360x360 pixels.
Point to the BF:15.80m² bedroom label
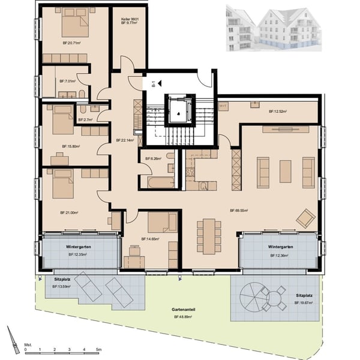71,146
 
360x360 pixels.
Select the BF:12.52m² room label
278,111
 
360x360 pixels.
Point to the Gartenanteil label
184,311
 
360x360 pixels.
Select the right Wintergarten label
281,247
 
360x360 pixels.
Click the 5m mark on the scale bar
99,349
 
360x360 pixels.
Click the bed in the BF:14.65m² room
160,223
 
